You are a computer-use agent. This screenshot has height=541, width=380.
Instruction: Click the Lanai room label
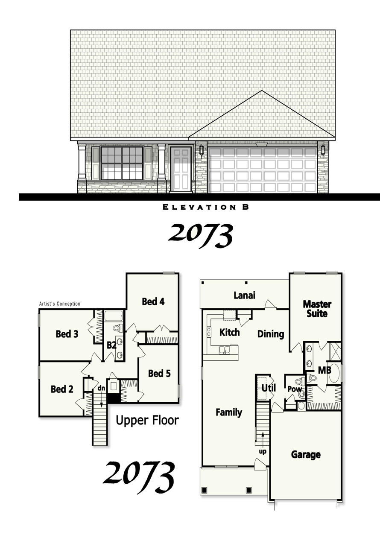(x=245, y=295)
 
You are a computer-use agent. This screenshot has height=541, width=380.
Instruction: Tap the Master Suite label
(x=317, y=309)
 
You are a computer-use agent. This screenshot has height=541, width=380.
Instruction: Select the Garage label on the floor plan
(x=306, y=455)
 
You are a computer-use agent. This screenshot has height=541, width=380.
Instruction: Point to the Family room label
(x=229, y=412)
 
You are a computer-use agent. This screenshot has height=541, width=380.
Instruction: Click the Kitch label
(x=229, y=332)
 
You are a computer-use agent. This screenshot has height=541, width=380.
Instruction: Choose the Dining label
(x=271, y=334)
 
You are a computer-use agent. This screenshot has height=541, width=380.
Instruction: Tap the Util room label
(x=269, y=388)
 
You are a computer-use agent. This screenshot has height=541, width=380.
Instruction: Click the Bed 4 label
(x=153, y=301)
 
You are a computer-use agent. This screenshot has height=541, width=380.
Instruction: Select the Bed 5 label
(x=159, y=374)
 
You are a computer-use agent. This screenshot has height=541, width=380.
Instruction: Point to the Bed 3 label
(x=67, y=334)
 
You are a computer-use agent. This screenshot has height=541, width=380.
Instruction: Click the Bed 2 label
(x=62, y=389)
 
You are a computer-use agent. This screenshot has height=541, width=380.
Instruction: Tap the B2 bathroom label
(x=111, y=345)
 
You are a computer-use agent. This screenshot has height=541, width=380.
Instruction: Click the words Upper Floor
(x=147, y=421)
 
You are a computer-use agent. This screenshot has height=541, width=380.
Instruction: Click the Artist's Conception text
(x=59, y=304)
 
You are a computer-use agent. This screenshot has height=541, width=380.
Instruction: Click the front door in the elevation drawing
(x=181, y=169)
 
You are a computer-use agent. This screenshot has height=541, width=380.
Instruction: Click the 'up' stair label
(x=263, y=451)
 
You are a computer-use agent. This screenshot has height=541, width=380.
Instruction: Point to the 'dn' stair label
(x=101, y=388)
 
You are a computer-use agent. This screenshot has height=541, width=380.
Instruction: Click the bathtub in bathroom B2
(x=114, y=316)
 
